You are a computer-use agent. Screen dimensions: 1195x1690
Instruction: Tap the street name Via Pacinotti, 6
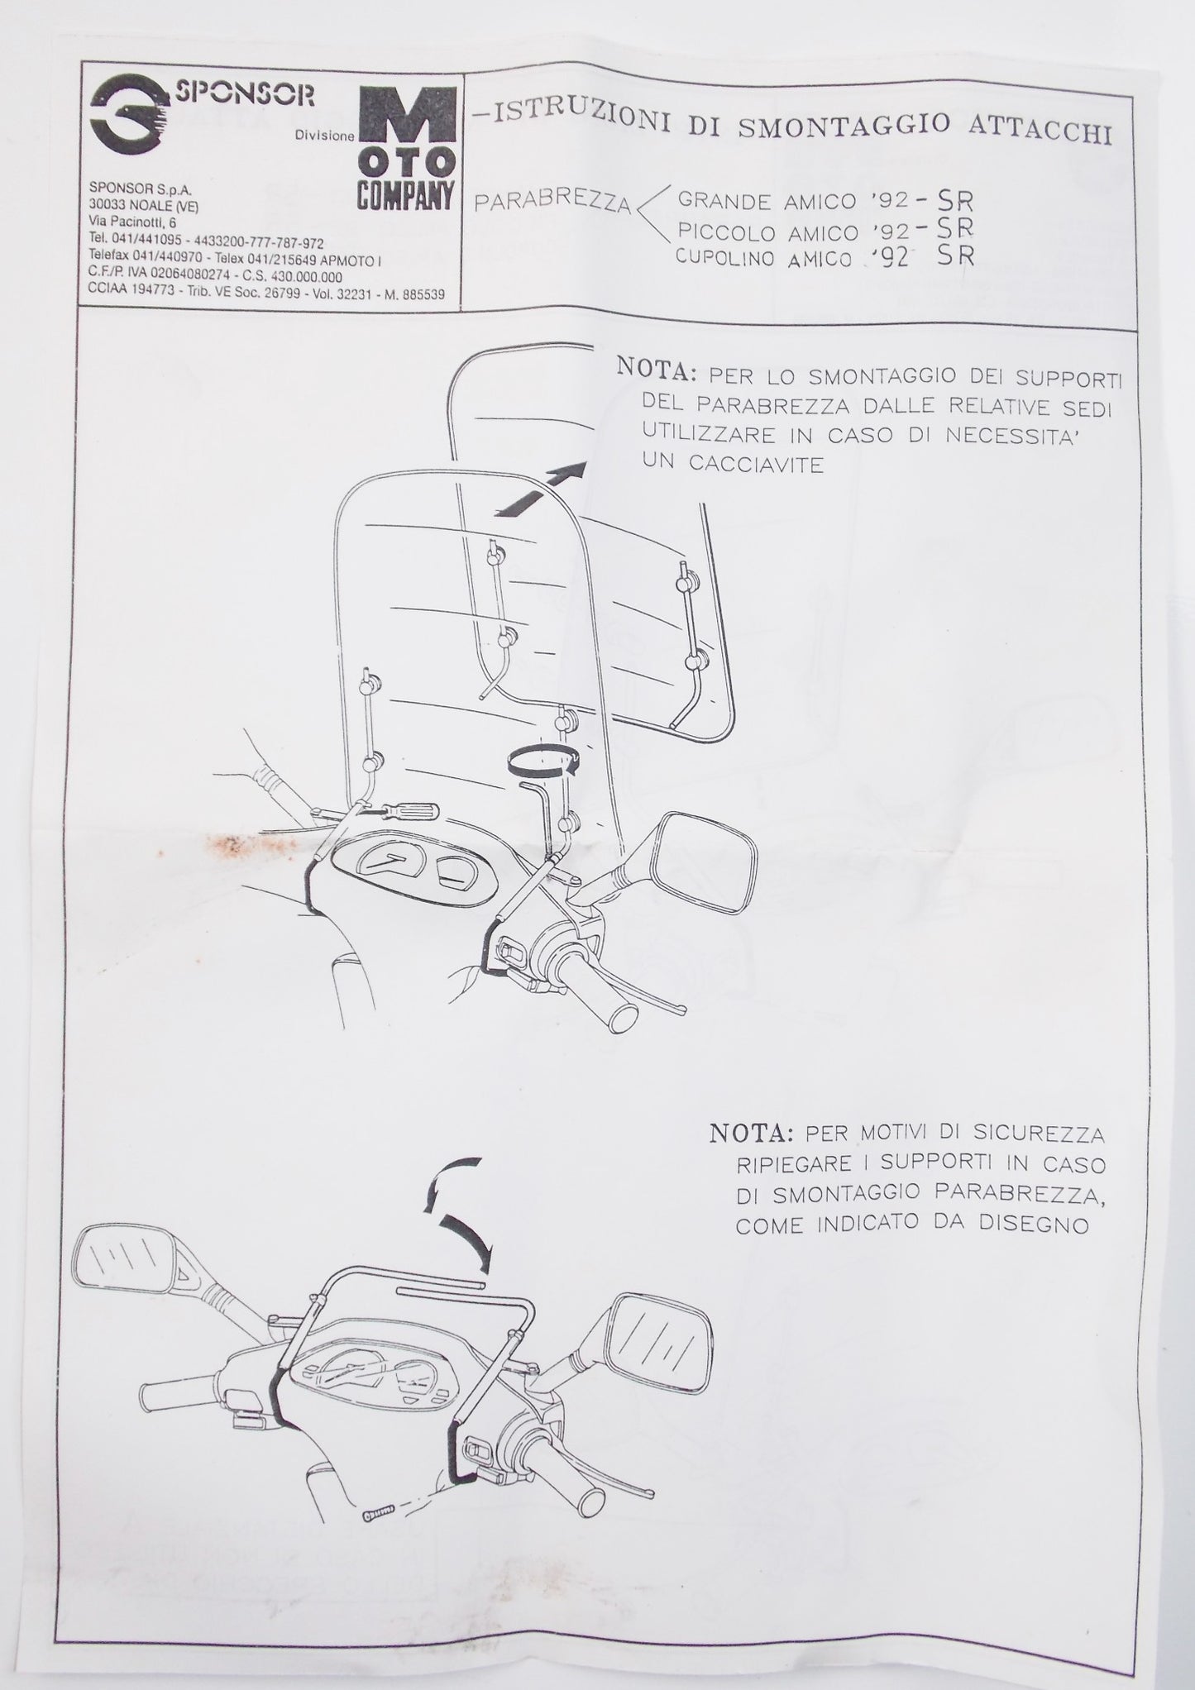pyautogui.click(x=132, y=222)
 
